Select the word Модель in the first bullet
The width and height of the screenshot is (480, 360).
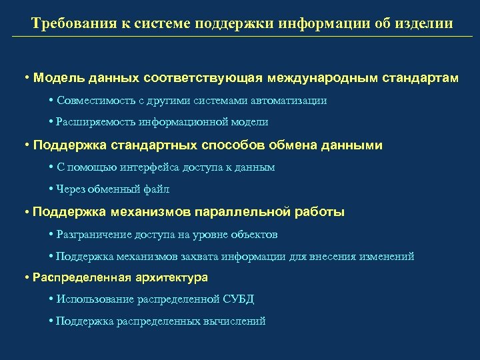click(57, 78)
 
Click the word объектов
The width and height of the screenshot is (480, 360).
click(256, 235)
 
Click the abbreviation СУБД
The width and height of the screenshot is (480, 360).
click(240, 299)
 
